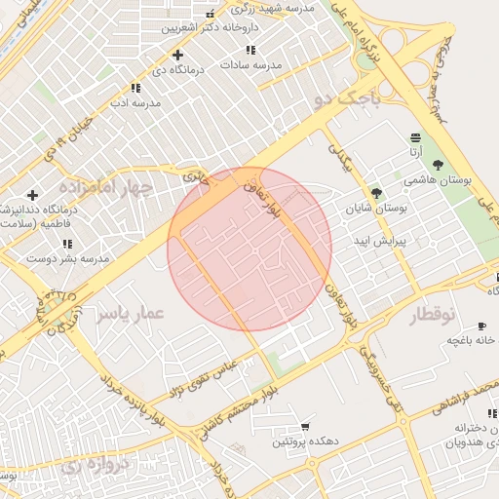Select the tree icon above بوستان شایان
(x=376, y=193)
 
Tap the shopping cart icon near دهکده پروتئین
(x=305, y=427)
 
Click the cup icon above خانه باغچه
(x=481, y=325)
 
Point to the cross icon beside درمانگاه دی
(x=176, y=55)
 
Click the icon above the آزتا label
(x=415, y=137)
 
